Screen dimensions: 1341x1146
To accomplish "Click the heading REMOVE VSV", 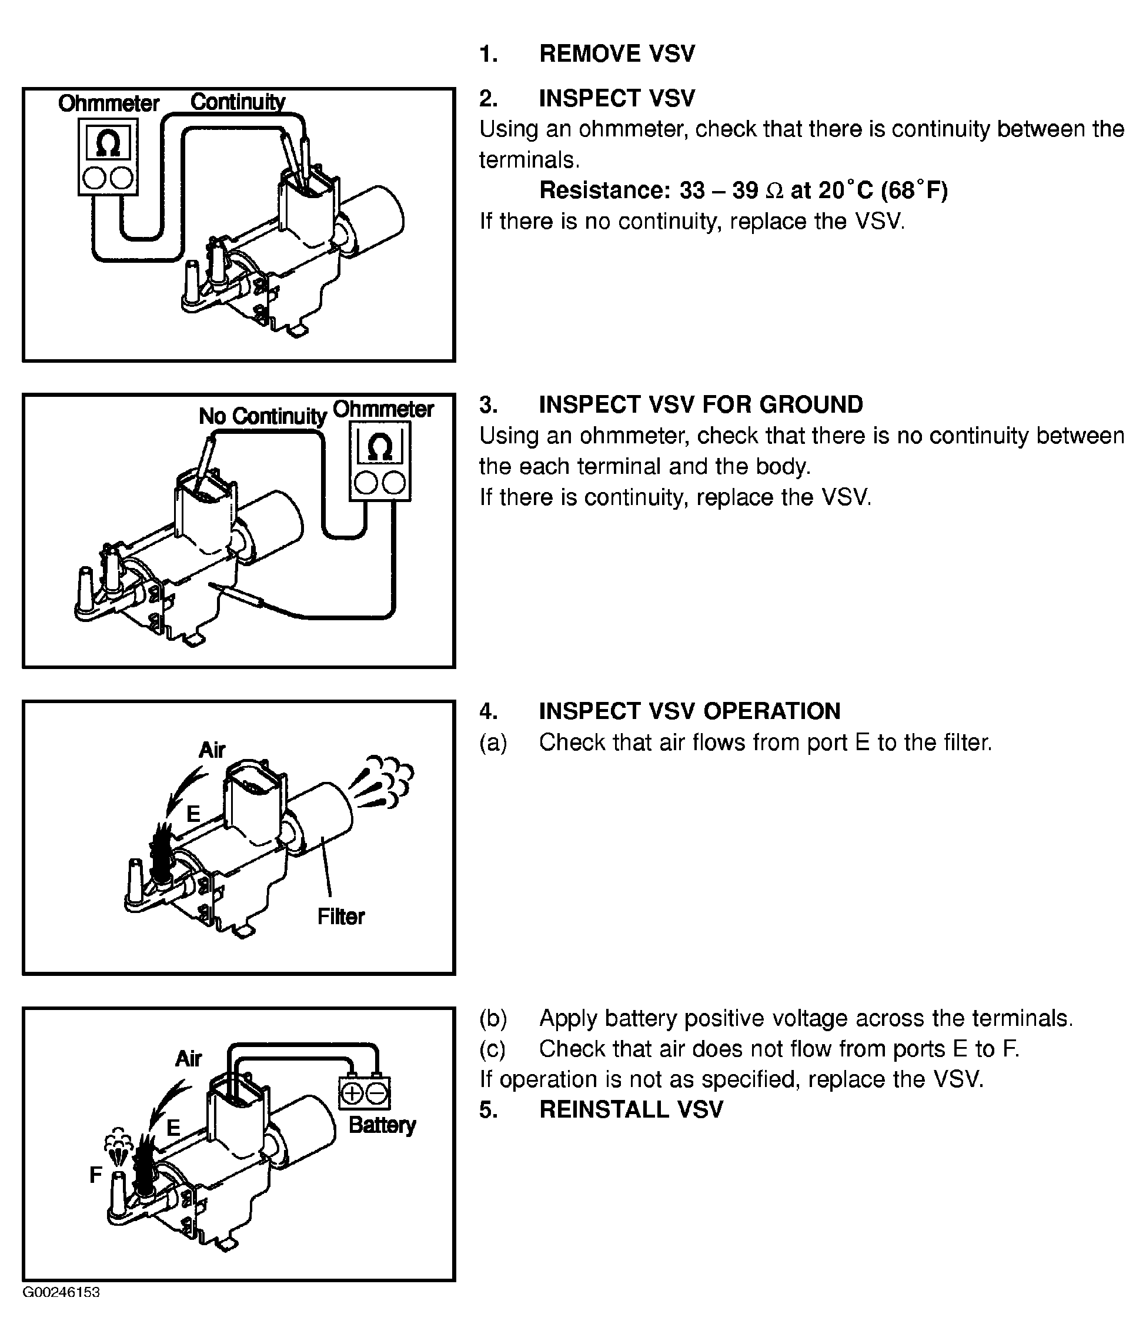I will pyautogui.click(x=616, y=53).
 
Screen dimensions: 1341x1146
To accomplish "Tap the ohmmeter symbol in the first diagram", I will pyautogui.click(x=108, y=143).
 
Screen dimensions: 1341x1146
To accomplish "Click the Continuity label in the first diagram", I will pyautogui.click(x=238, y=102).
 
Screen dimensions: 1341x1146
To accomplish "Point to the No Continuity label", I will pyautogui.click(x=262, y=416).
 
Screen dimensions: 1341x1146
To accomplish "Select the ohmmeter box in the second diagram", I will pyautogui.click(x=380, y=461).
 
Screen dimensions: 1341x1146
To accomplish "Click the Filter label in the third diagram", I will pyautogui.click(x=340, y=917).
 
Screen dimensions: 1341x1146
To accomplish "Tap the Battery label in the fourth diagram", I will pyautogui.click(x=382, y=1125).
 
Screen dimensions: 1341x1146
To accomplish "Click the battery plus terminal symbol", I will pyautogui.click(x=352, y=1093).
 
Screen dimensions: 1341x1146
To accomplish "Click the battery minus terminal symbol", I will pyautogui.click(x=377, y=1093).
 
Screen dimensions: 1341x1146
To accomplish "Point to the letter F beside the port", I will pyautogui.click(x=96, y=1174).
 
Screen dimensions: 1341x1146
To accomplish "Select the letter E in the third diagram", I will pyautogui.click(x=193, y=814).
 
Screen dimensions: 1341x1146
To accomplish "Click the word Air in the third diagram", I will pyautogui.click(x=212, y=750).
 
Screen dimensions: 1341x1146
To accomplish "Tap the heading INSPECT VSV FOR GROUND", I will pyautogui.click(x=700, y=404).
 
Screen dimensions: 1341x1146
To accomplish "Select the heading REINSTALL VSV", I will pyautogui.click(x=631, y=1109).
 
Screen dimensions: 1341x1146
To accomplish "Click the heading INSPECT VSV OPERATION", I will pyautogui.click(x=690, y=711).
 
